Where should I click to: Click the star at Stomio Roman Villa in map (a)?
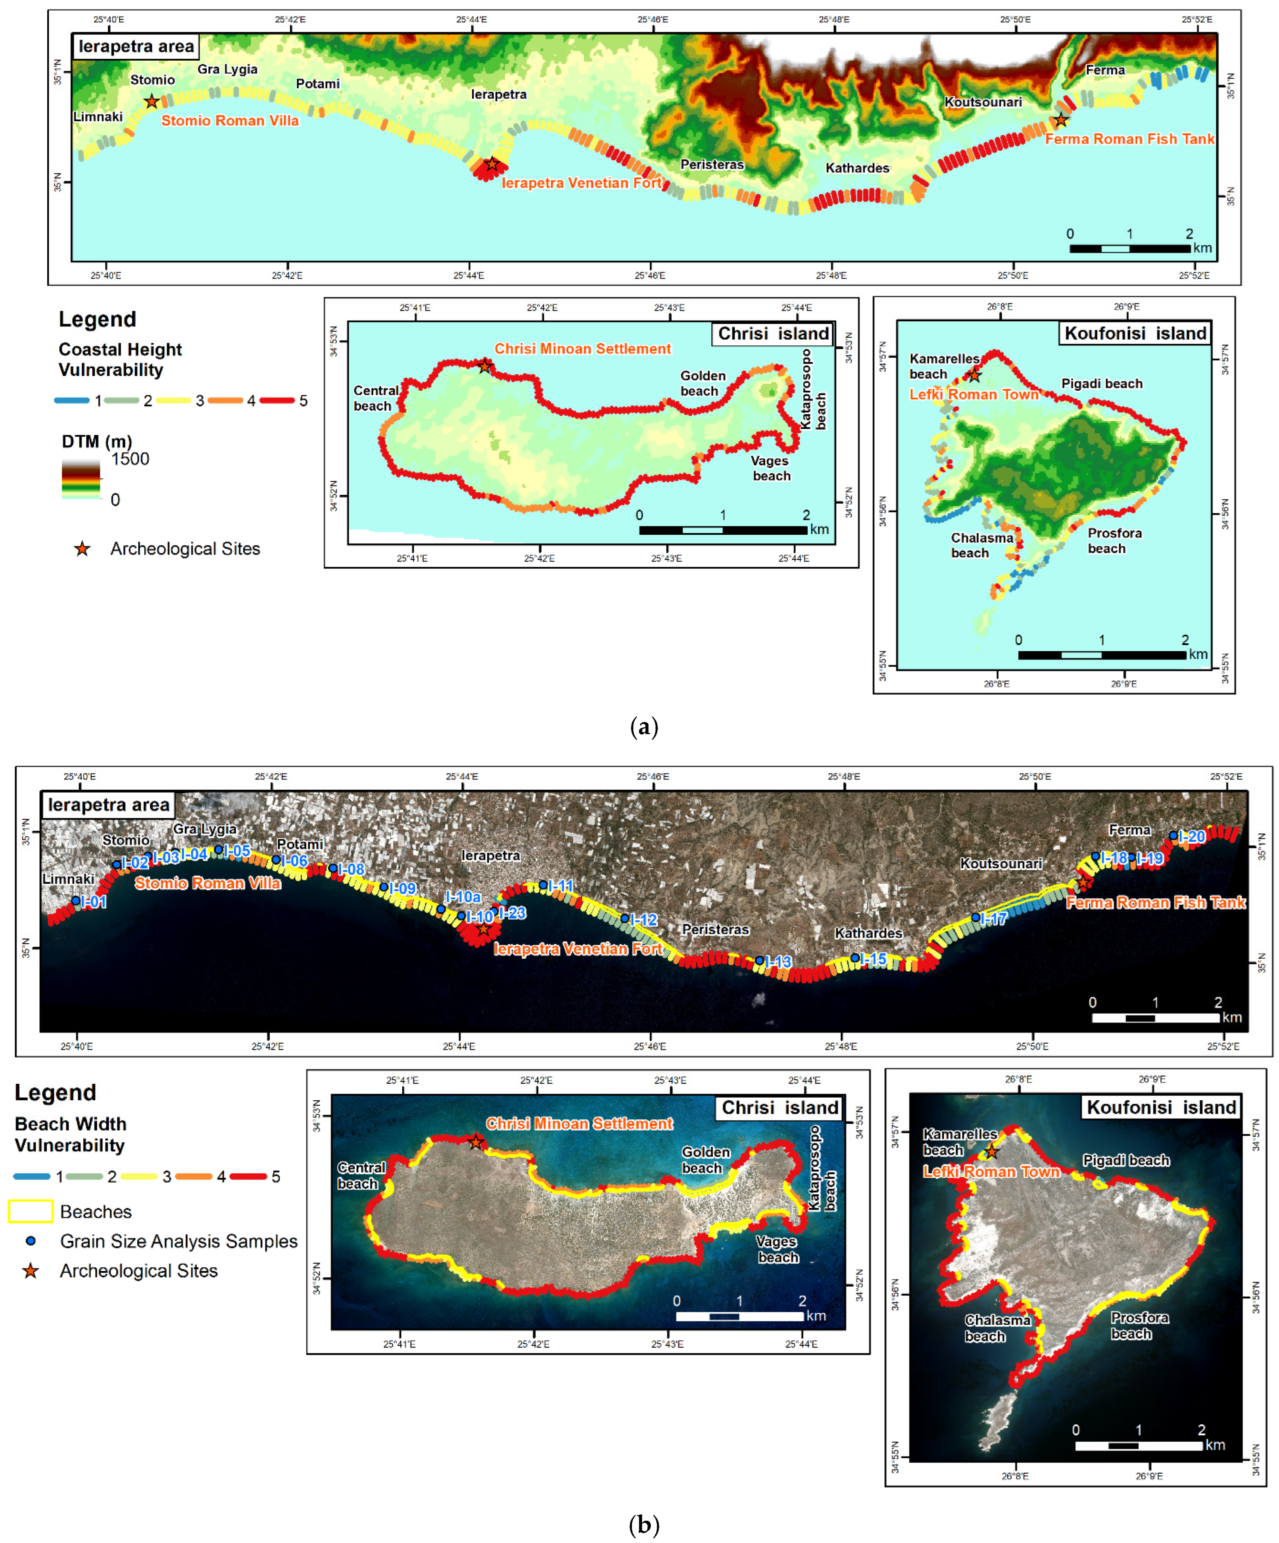152,102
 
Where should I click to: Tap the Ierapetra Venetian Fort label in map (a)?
582,183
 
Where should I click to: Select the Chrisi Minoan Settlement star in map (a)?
484,365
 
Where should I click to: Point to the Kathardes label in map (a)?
857,168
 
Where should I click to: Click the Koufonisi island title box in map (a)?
1135,334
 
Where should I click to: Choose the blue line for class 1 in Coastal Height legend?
72,401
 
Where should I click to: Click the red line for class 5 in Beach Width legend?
248,1176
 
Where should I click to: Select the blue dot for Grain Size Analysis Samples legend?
31,1241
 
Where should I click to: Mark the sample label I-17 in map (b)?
994,918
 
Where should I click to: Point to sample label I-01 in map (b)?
93,902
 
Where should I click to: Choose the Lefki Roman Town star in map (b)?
992,1151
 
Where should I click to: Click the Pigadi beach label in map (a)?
1101,384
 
